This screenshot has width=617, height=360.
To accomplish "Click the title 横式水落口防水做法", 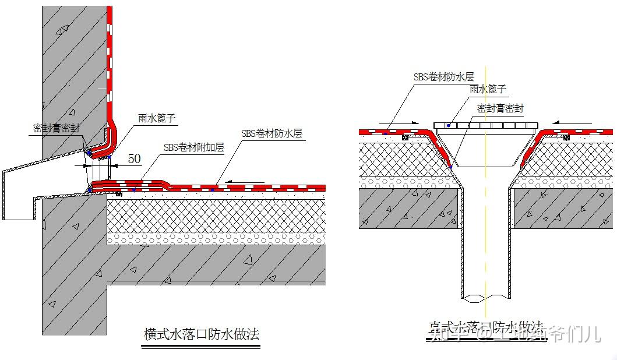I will (x=201, y=334).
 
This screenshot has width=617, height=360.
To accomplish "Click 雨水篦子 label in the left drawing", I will (x=157, y=119).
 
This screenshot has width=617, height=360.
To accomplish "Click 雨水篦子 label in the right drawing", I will (x=488, y=89).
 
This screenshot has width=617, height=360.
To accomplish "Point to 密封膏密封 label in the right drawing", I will (x=500, y=108).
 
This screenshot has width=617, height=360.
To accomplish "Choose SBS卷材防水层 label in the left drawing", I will (x=272, y=133).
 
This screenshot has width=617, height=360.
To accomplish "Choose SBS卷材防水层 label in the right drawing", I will (x=443, y=76).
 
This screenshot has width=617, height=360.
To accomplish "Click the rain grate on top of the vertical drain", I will (x=487, y=126).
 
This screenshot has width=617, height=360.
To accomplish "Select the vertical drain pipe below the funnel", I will (x=486, y=245).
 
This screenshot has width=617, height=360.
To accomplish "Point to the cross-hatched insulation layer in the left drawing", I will (x=216, y=216).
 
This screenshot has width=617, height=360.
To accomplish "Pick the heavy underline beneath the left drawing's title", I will (x=201, y=347).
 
